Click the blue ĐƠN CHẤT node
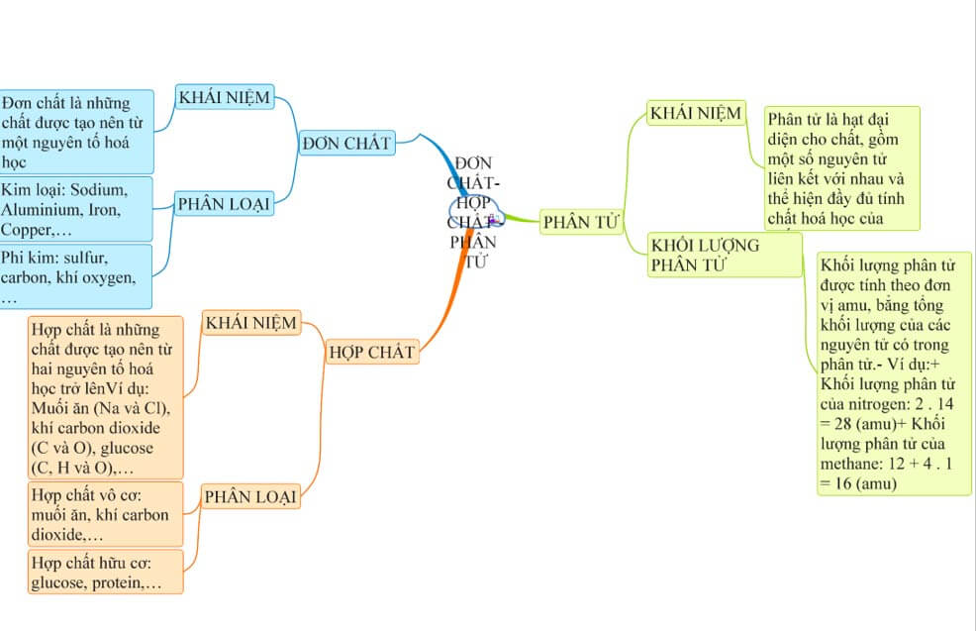pos(346,144)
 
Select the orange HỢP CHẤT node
pos(372,352)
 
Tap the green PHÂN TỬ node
pos(579,223)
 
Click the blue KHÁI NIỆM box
pos(224,97)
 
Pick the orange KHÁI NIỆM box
pos(250,323)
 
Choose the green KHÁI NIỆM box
pos(695,114)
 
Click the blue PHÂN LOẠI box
pos(224,205)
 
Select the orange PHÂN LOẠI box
pos(250,496)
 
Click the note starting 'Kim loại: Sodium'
pos(75,209)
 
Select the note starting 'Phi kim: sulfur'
pos(75,276)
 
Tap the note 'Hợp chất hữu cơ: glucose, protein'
pos(106,573)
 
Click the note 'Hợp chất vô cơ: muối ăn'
pos(106,514)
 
